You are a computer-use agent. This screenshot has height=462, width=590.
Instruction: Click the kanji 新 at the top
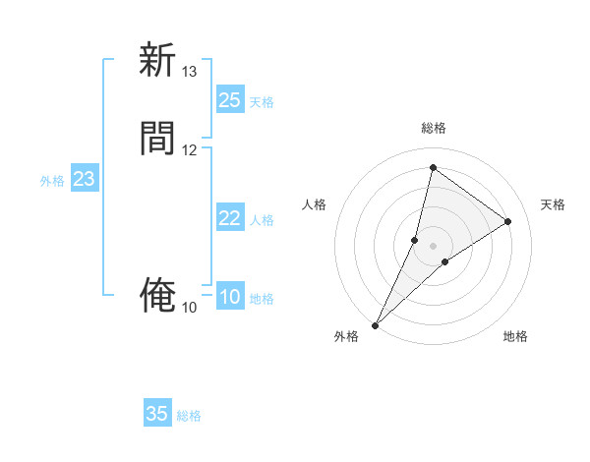(156, 60)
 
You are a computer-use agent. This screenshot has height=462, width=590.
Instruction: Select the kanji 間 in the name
(156, 139)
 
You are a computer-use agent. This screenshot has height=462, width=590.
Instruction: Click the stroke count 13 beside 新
(189, 72)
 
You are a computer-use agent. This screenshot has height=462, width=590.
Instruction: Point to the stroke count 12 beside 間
(189, 149)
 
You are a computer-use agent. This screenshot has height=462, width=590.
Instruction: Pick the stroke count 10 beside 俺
(189, 308)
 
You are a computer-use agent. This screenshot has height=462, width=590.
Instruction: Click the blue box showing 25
(229, 100)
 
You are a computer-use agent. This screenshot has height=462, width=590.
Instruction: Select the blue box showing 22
(229, 218)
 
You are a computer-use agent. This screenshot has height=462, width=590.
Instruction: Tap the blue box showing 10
(229, 297)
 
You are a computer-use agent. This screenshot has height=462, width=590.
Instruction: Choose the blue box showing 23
(84, 179)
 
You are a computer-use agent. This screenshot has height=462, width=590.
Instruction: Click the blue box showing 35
(157, 414)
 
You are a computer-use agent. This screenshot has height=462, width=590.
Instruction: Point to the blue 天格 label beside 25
(261, 101)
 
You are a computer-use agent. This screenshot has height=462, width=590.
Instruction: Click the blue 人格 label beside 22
(261, 219)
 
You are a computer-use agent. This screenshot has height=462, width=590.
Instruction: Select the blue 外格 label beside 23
(52, 180)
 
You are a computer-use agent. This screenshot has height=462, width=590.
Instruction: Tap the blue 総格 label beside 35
(189, 416)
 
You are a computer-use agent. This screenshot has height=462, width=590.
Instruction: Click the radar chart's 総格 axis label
(433, 128)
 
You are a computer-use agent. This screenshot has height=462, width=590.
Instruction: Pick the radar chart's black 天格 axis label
(553, 204)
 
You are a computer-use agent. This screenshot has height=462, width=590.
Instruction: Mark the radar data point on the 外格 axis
(376, 324)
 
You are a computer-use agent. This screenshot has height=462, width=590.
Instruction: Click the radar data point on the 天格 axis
(508, 221)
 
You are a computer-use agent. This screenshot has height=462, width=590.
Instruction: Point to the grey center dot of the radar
(433, 246)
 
